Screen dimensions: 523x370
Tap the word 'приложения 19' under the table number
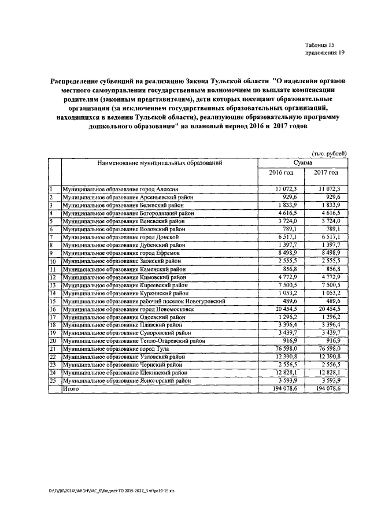(324, 53)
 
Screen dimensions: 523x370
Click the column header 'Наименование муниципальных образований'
(160, 164)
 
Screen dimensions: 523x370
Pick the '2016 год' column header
(282, 173)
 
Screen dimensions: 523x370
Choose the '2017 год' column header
(326, 173)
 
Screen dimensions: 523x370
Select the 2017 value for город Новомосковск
(328, 309)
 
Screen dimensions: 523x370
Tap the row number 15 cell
(53, 301)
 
